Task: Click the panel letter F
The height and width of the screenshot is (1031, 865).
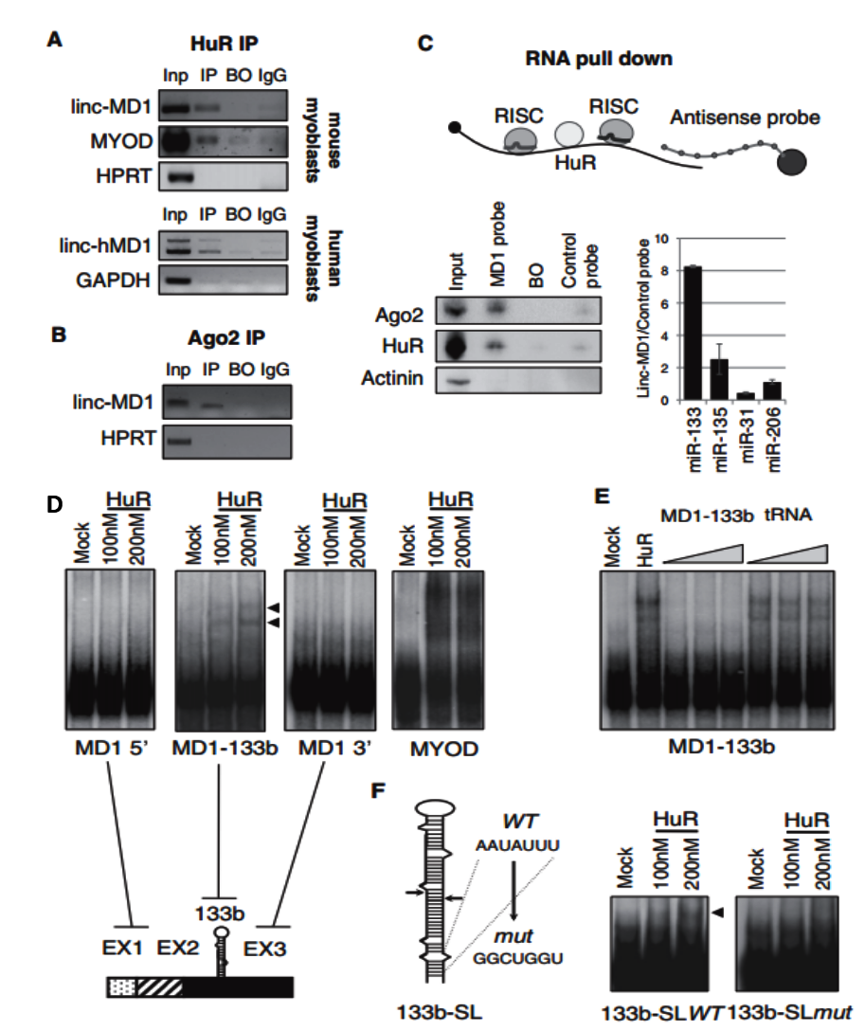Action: pyautogui.click(x=379, y=790)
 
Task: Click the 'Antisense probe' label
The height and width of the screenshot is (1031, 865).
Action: pyautogui.click(x=745, y=118)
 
